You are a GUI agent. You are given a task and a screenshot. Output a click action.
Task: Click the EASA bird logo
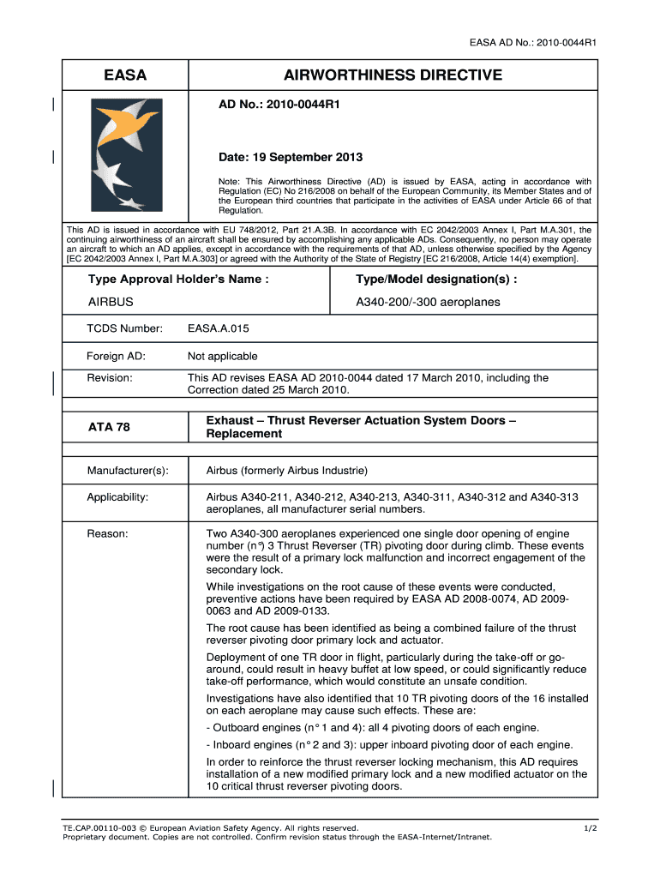(125, 154)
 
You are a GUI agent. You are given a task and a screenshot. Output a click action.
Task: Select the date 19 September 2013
(291, 157)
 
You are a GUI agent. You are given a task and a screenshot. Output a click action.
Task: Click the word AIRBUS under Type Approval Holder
(111, 303)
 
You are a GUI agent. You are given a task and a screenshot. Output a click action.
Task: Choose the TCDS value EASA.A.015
(219, 328)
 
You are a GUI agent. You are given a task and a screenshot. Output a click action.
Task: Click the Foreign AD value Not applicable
(222, 356)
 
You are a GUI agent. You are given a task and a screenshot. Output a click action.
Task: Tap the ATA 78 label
(109, 427)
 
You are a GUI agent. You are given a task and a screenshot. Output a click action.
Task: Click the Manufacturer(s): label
(128, 471)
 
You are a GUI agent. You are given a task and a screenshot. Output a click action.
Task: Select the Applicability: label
(117, 497)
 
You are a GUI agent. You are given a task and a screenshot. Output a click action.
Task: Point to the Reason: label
(107, 534)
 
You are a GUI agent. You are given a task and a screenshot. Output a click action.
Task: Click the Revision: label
(110, 378)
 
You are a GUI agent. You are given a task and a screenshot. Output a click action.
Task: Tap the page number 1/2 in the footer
(591, 827)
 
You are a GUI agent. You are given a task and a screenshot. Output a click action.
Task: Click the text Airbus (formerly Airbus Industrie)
(287, 471)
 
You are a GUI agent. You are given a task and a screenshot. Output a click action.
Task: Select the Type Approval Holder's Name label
(178, 280)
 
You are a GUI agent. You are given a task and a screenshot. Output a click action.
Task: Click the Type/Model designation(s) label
(436, 280)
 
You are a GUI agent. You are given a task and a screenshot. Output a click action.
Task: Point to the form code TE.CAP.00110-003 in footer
(99, 827)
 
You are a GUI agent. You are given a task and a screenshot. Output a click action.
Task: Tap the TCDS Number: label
(124, 328)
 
